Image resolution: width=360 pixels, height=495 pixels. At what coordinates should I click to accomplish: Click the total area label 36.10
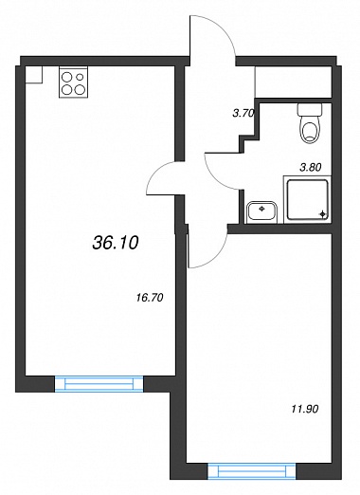[116, 243]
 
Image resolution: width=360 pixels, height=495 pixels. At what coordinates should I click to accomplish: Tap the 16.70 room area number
[150, 298]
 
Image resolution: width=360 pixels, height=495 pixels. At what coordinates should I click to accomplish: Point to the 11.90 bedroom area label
[305, 409]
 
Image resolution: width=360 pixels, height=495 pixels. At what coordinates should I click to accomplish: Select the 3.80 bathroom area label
[311, 168]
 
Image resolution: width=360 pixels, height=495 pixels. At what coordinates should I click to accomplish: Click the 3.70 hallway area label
[243, 114]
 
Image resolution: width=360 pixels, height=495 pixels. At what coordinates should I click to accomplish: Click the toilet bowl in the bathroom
[311, 130]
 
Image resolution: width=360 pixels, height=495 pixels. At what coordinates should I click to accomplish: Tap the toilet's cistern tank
[310, 110]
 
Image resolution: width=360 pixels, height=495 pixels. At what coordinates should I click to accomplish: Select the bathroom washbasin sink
[261, 212]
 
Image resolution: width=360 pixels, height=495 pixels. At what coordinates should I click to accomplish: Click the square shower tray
[307, 199]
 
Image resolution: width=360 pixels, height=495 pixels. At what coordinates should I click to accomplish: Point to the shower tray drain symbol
[322, 214]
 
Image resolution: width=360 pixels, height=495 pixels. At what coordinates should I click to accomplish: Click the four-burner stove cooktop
[73, 82]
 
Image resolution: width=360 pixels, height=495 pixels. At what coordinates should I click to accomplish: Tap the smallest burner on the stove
[80, 77]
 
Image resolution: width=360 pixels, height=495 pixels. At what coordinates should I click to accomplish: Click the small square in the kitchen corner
[34, 75]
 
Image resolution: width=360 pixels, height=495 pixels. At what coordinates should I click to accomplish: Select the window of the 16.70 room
[99, 384]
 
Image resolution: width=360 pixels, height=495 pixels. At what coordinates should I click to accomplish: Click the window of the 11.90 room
[252, 472]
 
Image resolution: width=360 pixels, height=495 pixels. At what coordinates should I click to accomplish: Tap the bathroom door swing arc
[215, 178]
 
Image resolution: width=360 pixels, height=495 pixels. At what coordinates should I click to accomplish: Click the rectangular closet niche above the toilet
[293, 82]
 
